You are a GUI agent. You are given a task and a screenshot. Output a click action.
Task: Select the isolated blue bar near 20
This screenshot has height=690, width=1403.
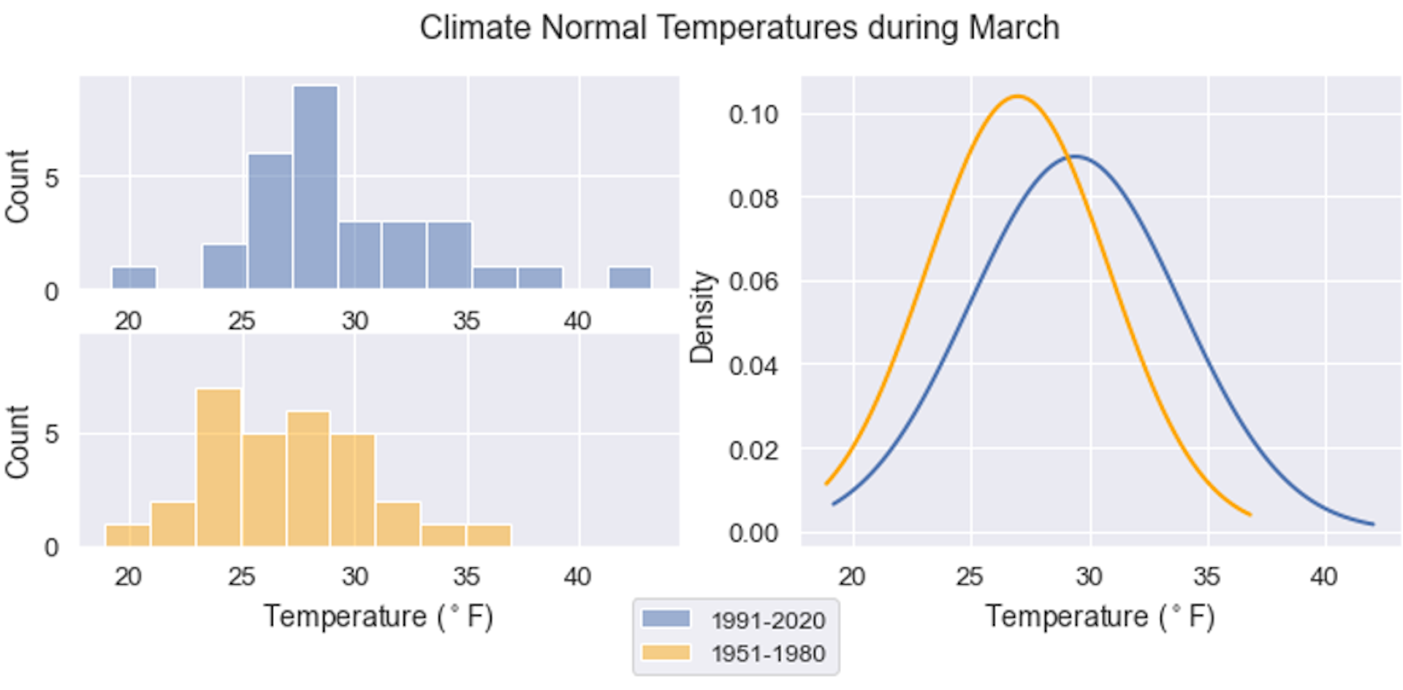pos(134,278)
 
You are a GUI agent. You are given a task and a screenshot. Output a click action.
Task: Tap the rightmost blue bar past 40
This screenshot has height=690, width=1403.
pos(630,278)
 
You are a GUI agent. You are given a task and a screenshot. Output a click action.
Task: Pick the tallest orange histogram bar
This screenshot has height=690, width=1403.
pos(219,468)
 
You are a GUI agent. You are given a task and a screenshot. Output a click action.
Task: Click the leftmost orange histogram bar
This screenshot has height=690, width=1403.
pos(128,536)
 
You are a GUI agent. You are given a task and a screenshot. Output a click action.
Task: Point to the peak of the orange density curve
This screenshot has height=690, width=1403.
pos(1016,96)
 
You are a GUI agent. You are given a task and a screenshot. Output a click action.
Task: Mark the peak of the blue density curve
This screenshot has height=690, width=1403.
pos(1074,156)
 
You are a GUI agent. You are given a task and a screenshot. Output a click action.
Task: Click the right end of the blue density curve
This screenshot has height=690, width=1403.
pos(1372,523)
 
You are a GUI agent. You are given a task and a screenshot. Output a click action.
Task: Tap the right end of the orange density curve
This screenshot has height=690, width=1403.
pos(1250,514)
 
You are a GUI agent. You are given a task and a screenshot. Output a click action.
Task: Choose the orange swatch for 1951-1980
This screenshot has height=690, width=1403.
pos(666,653)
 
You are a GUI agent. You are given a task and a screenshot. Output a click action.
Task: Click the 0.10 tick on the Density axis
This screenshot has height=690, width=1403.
pos(753,115)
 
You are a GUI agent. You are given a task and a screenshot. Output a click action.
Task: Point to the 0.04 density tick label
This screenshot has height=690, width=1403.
pos(753,365)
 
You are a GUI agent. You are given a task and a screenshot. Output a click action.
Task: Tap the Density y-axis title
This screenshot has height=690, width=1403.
pos(701,316)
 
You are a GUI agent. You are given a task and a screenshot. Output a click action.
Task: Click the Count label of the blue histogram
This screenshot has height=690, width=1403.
pos(17,186)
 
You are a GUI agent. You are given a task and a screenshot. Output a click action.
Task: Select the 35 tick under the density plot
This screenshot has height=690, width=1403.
pos(1206,577)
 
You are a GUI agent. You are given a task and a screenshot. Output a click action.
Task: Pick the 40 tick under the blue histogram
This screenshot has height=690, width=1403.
pos(577,321)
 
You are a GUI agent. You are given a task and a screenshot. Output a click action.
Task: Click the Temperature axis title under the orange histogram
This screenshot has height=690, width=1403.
pos(379,616)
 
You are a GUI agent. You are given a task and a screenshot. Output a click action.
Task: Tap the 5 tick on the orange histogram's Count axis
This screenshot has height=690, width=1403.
pos(51,434)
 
